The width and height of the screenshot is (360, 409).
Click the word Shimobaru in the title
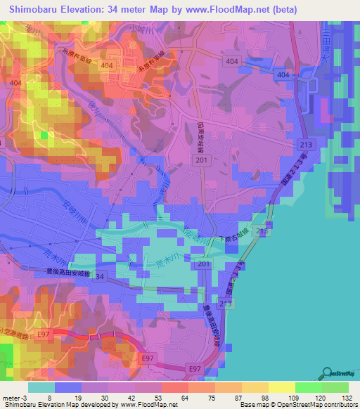tap(40, 10)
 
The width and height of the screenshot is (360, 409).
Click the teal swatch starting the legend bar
tap(41, 387)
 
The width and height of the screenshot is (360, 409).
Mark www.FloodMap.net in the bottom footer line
tap(148, 405)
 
